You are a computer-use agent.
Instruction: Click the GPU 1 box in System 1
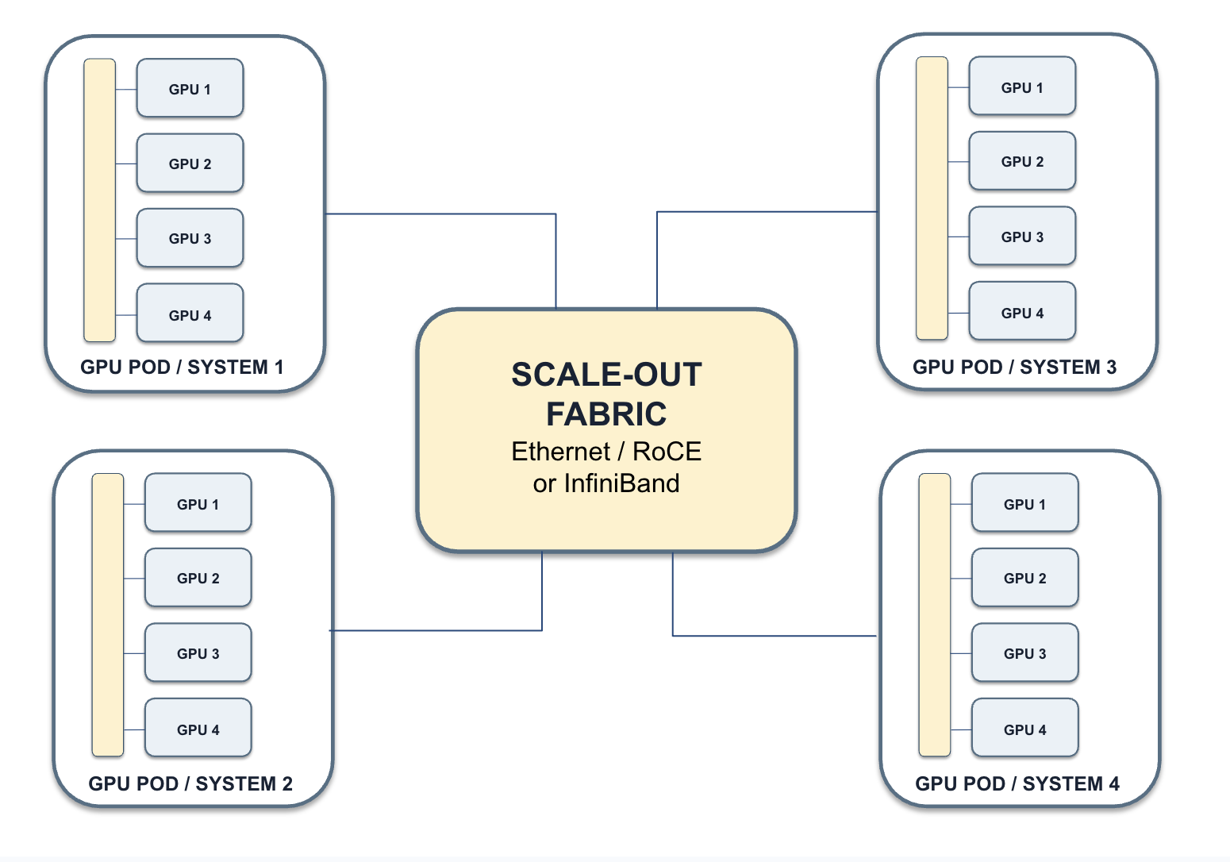pos(190,88)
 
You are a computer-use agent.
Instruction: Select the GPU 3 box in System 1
pos(190,238)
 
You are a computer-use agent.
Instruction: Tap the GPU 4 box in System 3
pos(1022,311)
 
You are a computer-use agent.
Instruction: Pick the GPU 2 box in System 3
pos(1022,161)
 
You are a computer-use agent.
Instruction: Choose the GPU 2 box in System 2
pos(198,577)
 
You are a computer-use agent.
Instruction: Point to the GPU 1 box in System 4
pos(1025,502)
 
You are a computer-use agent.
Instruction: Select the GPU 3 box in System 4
pos(1025,652)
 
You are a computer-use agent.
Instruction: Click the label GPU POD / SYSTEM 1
pos(182,367)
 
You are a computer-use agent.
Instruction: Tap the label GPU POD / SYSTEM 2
pos(190,783)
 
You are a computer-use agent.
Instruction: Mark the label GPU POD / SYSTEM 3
pos(1015,367)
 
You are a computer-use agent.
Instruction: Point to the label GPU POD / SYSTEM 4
pos(1017,783)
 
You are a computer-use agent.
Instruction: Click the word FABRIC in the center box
pos(606,414)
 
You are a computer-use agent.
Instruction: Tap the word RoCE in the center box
pos(667,452)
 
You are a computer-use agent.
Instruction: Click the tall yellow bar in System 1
pos(99,200)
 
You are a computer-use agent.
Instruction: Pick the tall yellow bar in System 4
pos(935,615)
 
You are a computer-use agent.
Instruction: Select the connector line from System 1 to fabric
pos(555,214)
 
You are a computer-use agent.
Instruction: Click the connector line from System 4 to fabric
pos(673,636)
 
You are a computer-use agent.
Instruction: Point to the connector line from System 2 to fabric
pos(542,630)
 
